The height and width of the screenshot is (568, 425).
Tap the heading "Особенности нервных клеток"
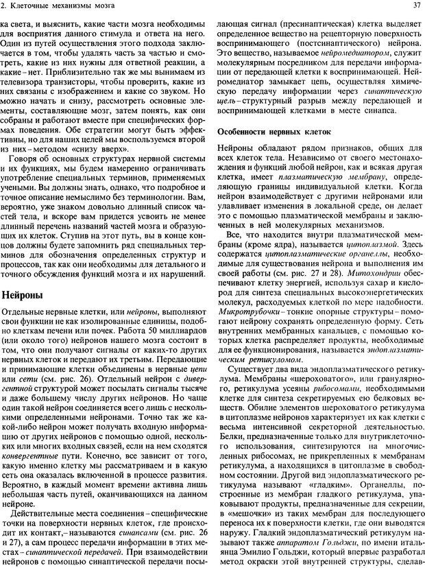[x=274, y=130]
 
